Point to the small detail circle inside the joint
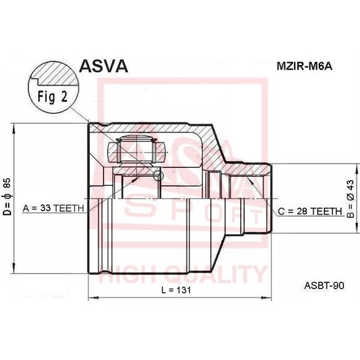pos(157,176)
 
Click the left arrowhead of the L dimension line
pos(93,298)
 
